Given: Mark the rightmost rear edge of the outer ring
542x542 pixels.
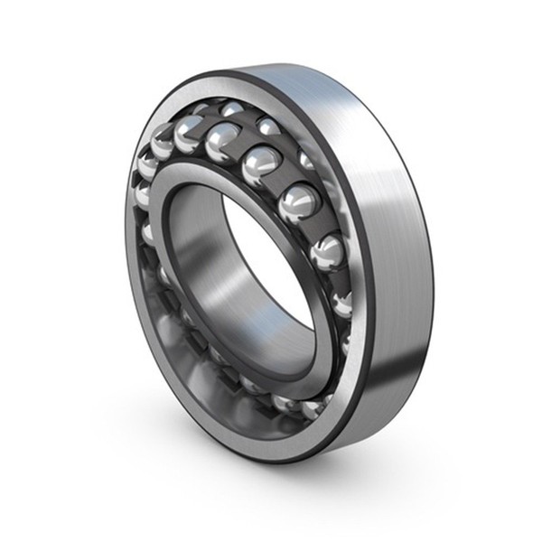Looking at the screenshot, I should [x=432, y=271].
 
